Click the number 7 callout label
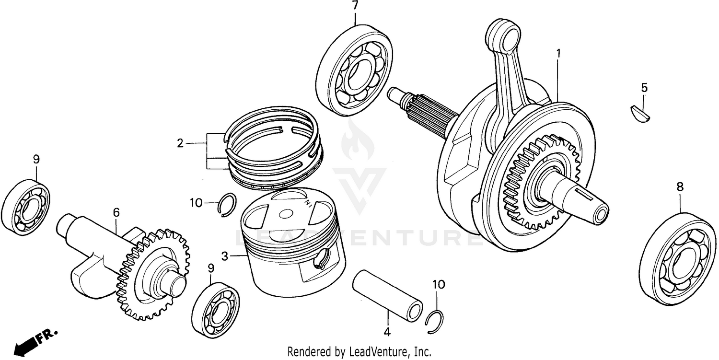click(x=355, y=6)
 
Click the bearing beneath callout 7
click(x=354, y=71)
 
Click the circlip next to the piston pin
click(x=435, y=322)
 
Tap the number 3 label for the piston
click(x=224, y=256)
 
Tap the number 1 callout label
click(x=558, y=53)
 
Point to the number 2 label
click(x=180, y=143)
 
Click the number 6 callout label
click(x=116, y=211)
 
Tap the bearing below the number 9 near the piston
click(x=216, y=311)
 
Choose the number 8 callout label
click(x=680, y=187)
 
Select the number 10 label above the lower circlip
click(x=438, y=284)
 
